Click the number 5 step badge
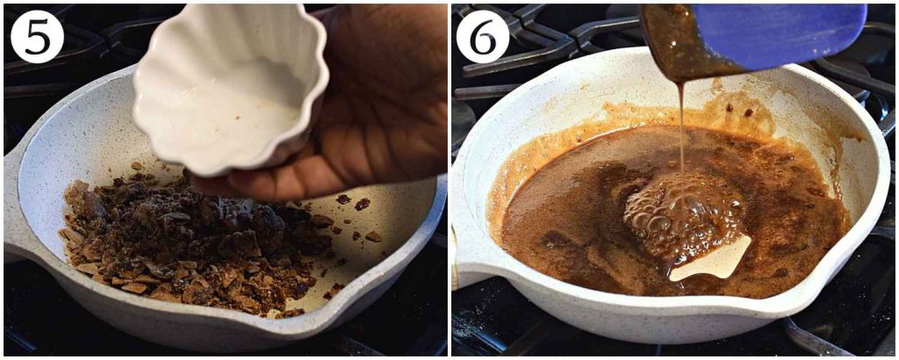(x=36, y=36)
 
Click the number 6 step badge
(x=482, y=36)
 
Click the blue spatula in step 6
(x=790, y=35)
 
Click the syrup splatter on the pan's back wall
(x=746, y=110)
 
